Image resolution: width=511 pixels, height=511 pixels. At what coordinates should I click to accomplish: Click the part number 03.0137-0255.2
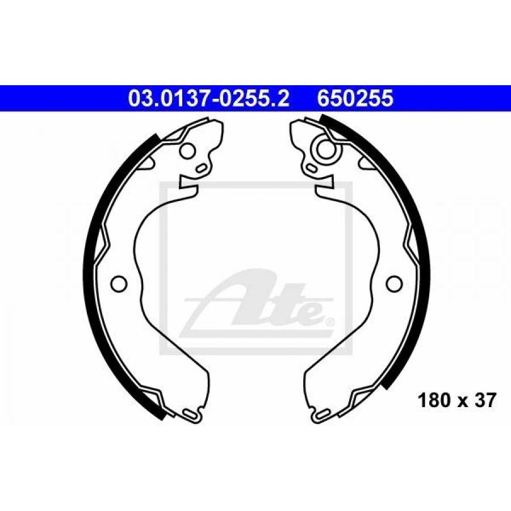208,98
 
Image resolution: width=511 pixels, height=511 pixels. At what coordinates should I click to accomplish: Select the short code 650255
355,98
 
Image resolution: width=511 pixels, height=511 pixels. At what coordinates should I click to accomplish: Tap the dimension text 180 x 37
457,400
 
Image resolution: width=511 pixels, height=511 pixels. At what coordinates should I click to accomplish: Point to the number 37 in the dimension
485,400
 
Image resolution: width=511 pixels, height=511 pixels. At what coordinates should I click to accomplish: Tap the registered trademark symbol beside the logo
329,322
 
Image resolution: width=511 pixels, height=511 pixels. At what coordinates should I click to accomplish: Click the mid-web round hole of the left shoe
119,283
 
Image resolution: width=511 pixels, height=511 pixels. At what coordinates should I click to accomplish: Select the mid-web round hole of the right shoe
394,283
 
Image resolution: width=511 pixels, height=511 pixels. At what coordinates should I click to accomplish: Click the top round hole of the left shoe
188,151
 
